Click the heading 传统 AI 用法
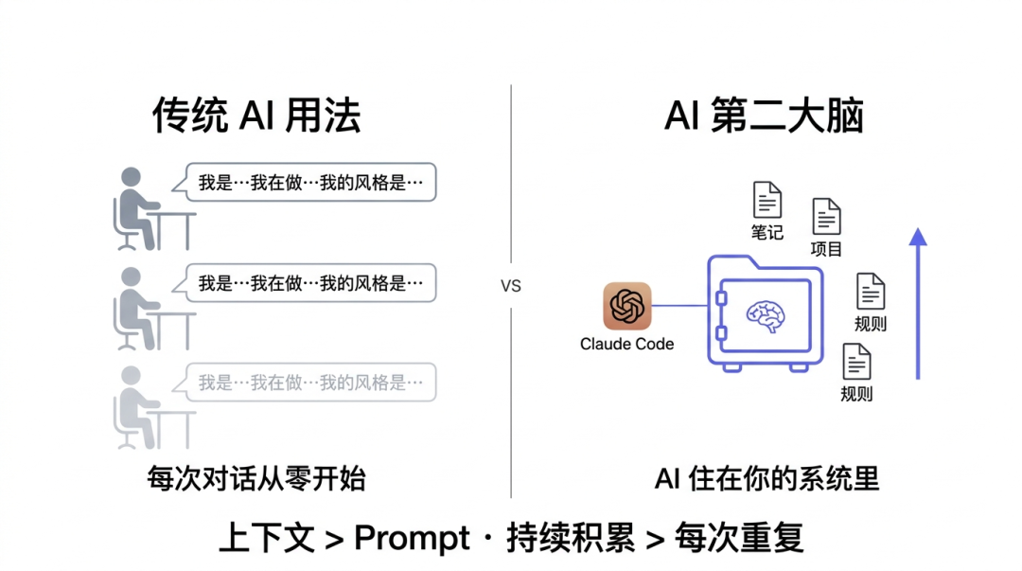pyautogui.click(x=256, y=116)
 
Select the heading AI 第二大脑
pyautogui.click(x=764, y=116)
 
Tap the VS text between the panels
pyautogui.click(x=510, y=286)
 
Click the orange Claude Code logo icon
pyautogui.click(x=627, y=306)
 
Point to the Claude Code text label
pyautogui.click(x=626, y=344)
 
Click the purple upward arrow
pyautogui.click(x=917, y=303)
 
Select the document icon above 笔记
pyautogui.click(x=767, y=201)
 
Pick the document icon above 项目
pyautogui.click(x=826, y=217)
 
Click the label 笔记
pyautogui.click(x=767, y=232)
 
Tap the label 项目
pyautogui.click(x=826, y=249)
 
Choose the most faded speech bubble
pyautogui.click(x=310, y=383)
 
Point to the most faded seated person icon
pyautogui.click(x=138, y=407)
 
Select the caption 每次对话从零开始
pyautogui.click(x=256, y=479)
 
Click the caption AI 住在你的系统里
pyautogui.click(x=766, y=479)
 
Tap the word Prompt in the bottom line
pyautogui.click(x=412, y=538)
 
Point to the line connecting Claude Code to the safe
pyautogui.click(x=679, y=306)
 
